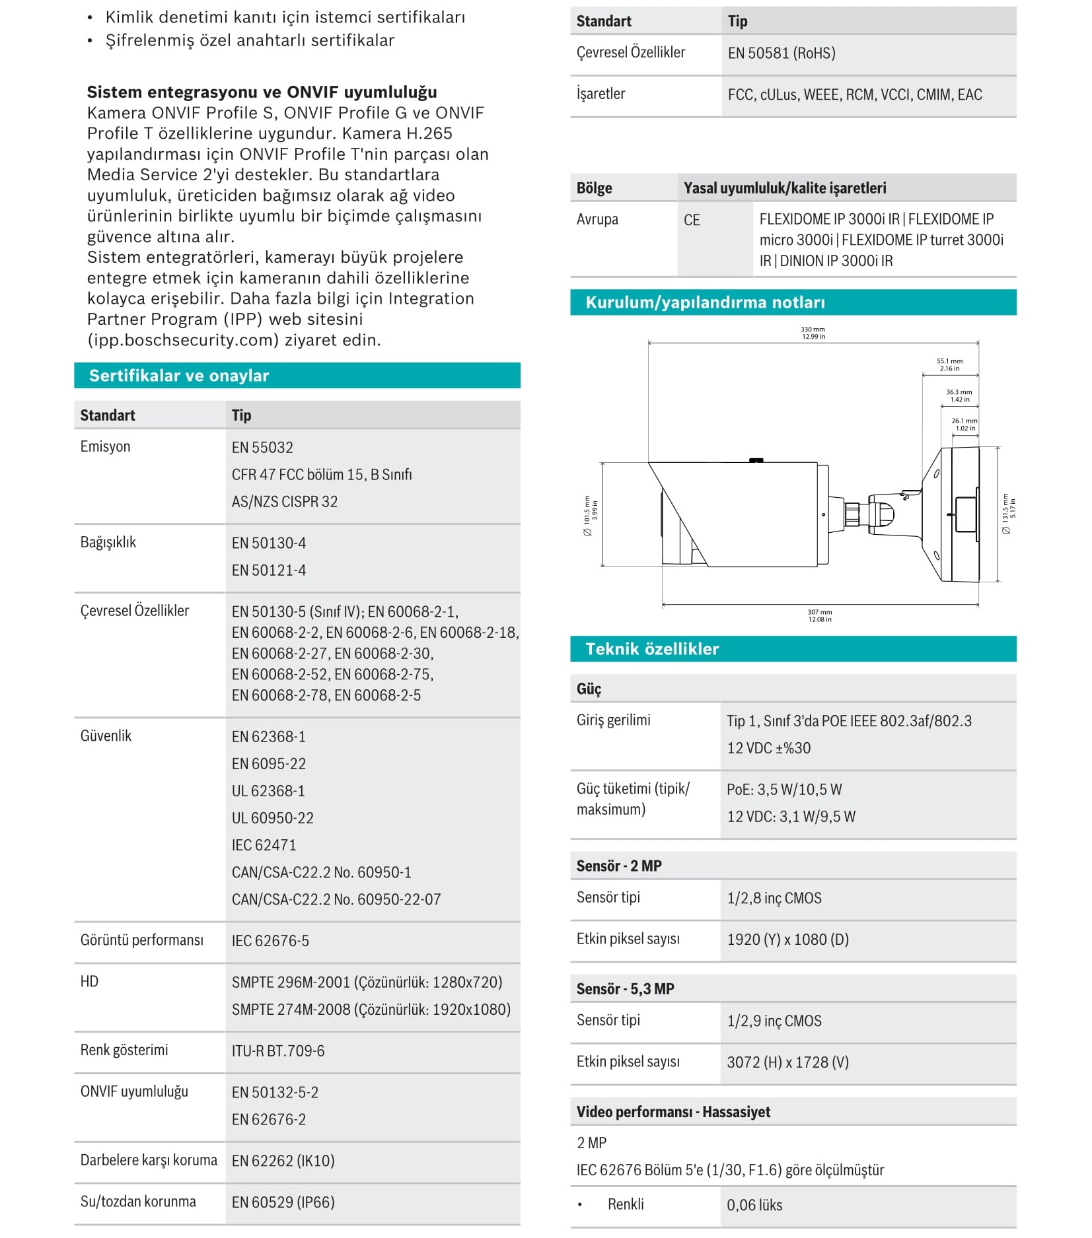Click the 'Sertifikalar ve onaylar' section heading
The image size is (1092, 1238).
tap(179, 376)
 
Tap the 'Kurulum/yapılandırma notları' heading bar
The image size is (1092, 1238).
tap(705, 302)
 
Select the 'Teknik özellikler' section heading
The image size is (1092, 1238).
tap(652, 649)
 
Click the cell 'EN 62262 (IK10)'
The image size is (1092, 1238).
tap(283, 1161)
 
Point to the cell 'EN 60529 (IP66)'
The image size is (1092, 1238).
tap(283, 1202)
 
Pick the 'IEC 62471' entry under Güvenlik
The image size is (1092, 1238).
tap(264, 845)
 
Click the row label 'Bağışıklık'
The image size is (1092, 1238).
tap(108, 543)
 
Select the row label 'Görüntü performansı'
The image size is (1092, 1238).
tap(142, 940)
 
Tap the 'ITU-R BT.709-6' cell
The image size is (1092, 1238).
tap(278, 1051)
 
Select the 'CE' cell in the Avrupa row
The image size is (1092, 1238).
tap(692, 221)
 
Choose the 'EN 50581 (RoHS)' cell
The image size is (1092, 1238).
tap(782, 53)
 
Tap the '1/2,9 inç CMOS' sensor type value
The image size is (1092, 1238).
tap(774, 1021)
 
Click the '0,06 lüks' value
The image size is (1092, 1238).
tap(754, 1206)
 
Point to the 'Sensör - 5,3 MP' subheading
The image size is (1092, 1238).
tap(625, 989)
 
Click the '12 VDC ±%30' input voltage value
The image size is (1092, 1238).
tap(768, 749)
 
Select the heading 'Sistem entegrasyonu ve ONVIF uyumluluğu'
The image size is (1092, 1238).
tap(262, 92)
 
